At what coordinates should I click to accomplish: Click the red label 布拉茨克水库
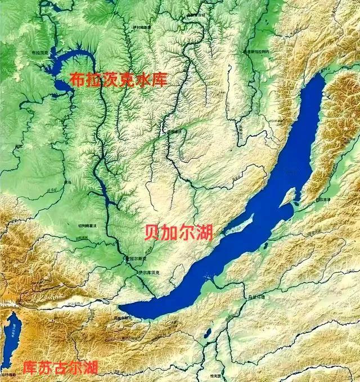tap(119, 79)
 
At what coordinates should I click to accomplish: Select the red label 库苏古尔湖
tap(60, 368)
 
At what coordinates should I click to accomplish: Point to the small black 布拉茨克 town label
tap(40, 52)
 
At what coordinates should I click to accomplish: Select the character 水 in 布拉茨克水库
tap(144, 79)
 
